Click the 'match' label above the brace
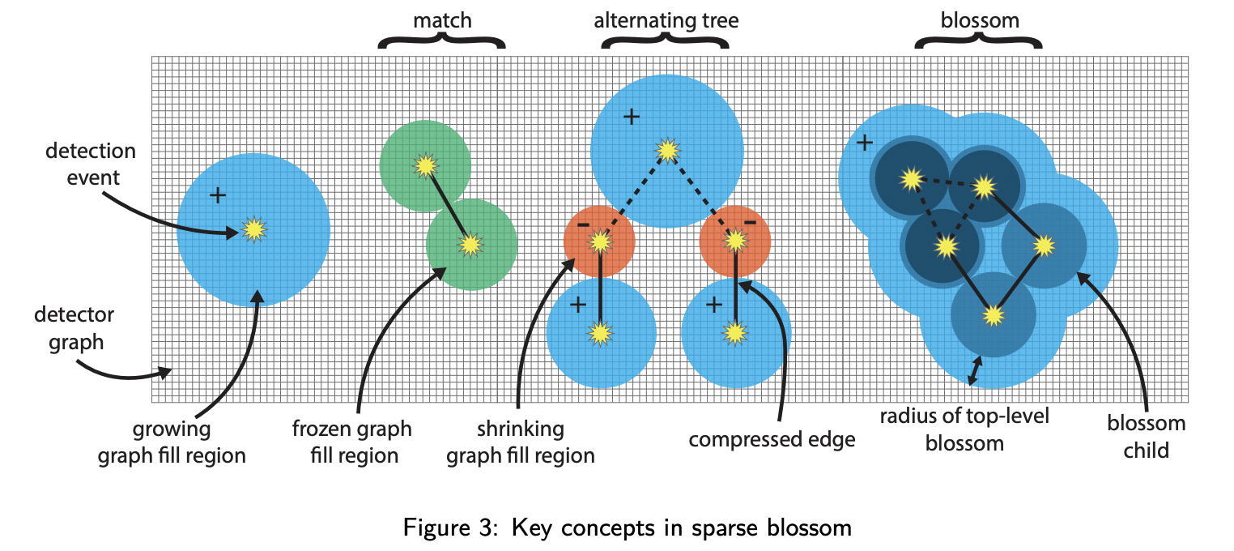point(442,19)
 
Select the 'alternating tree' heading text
point(666,19)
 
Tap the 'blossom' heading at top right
point(979,19)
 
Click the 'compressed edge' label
point(772,440)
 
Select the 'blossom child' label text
point(1146,436)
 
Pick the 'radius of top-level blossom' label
point(964,429)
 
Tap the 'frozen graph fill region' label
point(353,441)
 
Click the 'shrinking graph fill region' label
point(521,441)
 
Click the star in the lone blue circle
point(254,230)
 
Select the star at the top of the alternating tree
point(667,150)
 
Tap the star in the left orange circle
point(600,241)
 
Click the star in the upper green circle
point(424,165)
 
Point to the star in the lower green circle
point(471,243)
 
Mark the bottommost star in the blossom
point(994,315)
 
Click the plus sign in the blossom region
point(865,143)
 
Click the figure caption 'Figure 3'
point(445,528)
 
